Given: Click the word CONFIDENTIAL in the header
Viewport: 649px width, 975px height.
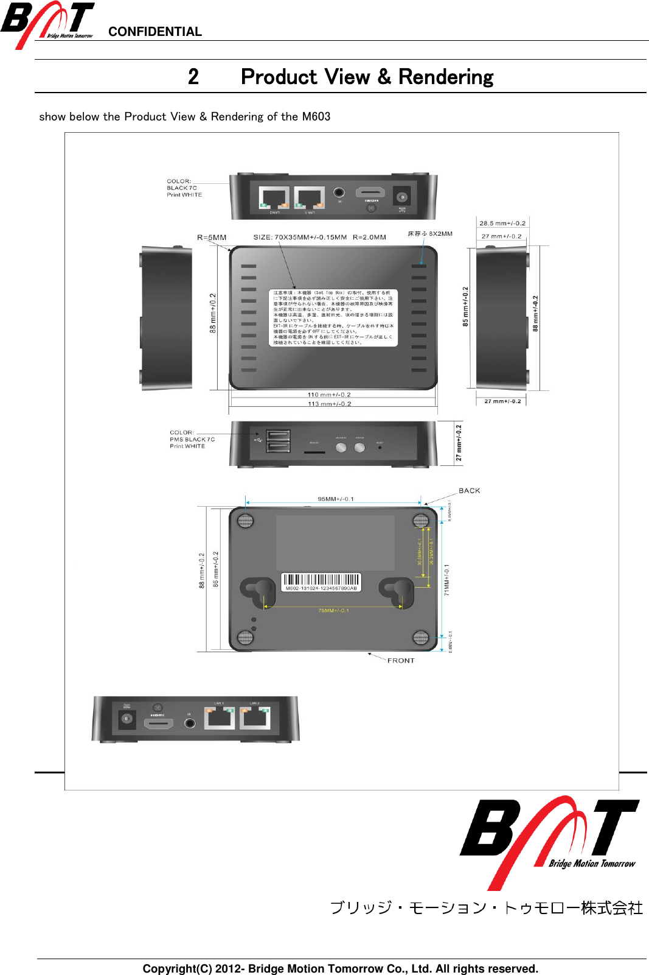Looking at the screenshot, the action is pyautogui.click(x=154, y=32).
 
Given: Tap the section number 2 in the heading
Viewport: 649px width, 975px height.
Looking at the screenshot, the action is pyautogui.click(x=193, y=77).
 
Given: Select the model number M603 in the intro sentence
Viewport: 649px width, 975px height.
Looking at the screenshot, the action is pyautogui.click(x=316, y=116).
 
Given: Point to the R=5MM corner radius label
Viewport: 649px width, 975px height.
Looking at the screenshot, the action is pyautogui.click(x=212, y=238).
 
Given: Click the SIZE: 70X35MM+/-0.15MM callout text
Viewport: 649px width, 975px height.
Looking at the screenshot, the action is pyautogui.click(x=300, y=238).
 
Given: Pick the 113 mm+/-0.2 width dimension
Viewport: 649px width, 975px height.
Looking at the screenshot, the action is pyautogui.click(x=329, y=404).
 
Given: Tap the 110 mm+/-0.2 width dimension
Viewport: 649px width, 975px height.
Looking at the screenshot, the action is pyautogui.click(x=329, y=395).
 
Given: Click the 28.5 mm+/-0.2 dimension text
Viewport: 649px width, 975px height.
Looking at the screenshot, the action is pyautogui.click(x=502, y=224).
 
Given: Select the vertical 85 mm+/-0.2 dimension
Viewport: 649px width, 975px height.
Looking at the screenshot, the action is pyautogui.click(x=465, y=306).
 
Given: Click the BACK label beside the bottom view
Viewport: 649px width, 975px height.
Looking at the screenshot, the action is pyautogui.click(x=469, y=491).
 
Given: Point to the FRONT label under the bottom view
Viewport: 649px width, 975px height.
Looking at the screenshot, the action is pyautogui.click(x=401, y=661).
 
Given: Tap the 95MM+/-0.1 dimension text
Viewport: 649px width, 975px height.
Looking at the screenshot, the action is pyautogui.click(x=336, y=499).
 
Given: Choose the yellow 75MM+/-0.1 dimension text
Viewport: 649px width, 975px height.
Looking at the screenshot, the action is pyautogui.click(x=333, y=611).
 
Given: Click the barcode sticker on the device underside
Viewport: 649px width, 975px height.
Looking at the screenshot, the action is pyautogui.click(x=321, y=582).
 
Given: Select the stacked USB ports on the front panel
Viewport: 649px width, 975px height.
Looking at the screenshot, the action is pyautogui.click(x=278, y=441).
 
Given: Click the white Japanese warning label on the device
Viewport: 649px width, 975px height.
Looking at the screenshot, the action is pyautogui.click(x=333, y=318).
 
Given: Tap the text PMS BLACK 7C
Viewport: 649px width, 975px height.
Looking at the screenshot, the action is pyautogui.click(x=192, y=439).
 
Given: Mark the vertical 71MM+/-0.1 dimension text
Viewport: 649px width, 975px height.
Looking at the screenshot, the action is pyautogui.click(x=446, y=579).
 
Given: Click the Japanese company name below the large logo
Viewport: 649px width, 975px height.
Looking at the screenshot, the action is pyautogui.click(x=486, y=908).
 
